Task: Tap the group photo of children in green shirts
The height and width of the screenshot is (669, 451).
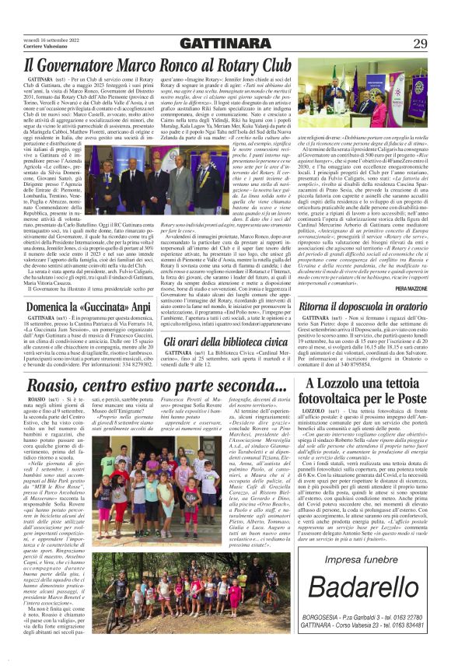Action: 144,618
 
